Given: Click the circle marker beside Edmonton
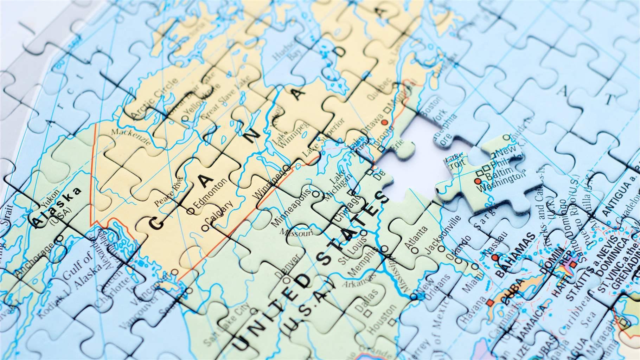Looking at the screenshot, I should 191,211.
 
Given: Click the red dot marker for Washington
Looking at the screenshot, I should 477,181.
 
